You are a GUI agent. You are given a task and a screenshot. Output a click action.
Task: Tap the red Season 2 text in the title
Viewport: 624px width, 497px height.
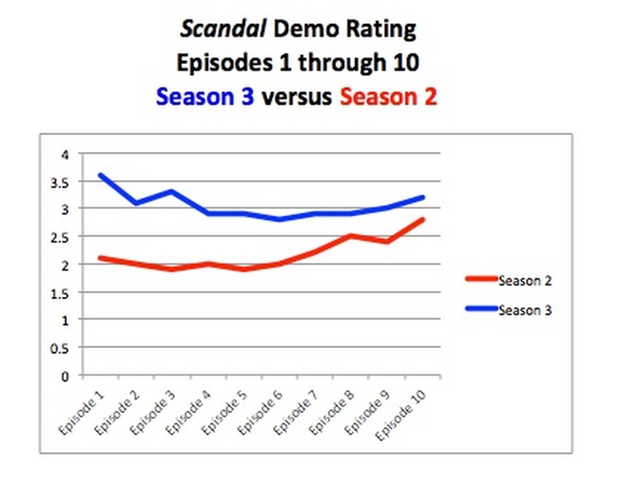click(388, 97)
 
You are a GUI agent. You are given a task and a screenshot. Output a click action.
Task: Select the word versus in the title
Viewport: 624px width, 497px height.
click(297, 97)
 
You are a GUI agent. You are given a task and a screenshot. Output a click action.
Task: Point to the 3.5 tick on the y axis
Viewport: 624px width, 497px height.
click(63, 182)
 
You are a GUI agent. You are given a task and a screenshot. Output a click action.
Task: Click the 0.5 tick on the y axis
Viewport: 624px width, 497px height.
click(63, 347)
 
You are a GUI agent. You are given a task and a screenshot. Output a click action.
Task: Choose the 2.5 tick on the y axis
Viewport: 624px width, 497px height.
click(63, 237)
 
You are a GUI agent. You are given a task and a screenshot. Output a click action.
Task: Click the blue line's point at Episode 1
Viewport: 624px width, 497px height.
click(100, 174)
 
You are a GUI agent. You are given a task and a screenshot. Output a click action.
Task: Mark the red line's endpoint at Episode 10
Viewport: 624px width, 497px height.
click(422, 219)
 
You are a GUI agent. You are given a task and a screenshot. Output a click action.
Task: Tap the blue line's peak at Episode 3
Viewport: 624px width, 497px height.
click(171, 191)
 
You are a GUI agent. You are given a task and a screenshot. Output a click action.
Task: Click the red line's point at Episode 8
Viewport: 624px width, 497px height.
click(350, 235)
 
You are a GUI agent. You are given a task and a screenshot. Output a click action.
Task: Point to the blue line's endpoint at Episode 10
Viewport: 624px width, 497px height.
click(422, 197)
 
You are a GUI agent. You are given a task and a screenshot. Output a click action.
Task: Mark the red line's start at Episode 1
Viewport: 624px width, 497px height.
click(100, 258)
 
